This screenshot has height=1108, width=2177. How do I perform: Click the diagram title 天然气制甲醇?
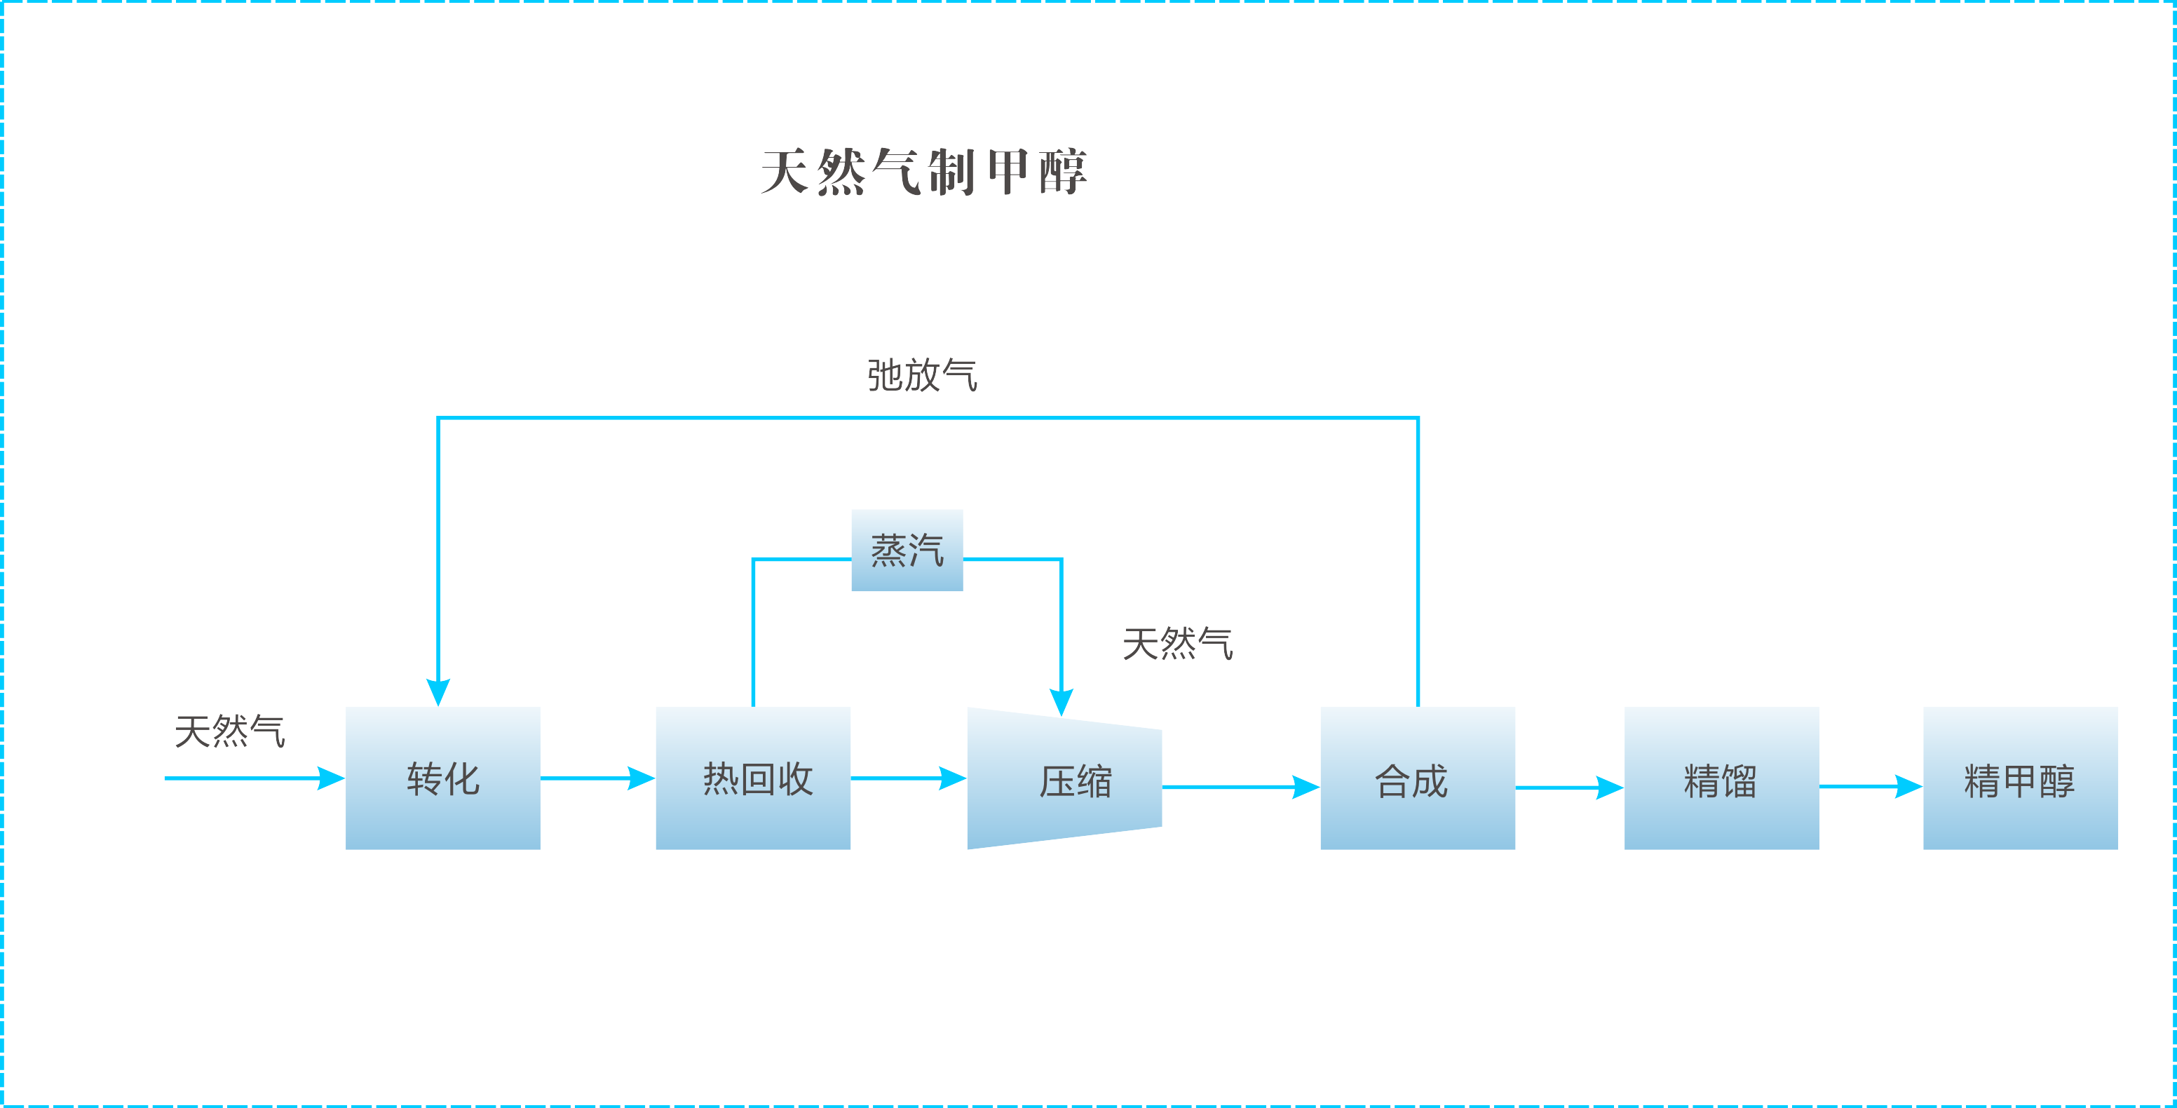click(x=923, y=172)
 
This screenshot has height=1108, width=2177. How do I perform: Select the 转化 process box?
click(x=443, y=778)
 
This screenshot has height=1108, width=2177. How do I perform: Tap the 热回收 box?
click(x=753, y=778)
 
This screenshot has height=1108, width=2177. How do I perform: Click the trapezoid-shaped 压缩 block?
click(x=1064, y=778)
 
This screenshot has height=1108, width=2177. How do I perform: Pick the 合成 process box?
click(x=1417, y=778)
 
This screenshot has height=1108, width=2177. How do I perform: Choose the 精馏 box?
click(x=1721, y=778)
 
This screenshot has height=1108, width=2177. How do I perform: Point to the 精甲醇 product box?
click(x=2020, y=778)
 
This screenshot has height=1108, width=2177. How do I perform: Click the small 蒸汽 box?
click(x=907, y=550)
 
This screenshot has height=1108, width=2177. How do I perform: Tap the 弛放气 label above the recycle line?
click(x=922, y=375)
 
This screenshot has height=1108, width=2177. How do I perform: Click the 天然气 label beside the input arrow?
click(x=230, y=731)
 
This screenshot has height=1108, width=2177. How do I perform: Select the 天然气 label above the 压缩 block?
click(x=1177, y=643)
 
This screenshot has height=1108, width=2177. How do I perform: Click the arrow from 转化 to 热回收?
click(x=597, y=778)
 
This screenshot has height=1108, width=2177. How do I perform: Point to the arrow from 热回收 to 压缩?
click(x=909, y=778)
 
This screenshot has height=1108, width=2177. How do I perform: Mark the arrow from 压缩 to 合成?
click(x=1240, y=787)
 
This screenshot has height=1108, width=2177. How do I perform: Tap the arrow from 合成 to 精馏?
click(x=1569, y=788)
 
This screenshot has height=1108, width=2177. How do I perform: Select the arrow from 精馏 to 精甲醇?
click(x=1870, y=786)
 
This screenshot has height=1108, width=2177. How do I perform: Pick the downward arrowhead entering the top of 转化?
click(x=438, y=691)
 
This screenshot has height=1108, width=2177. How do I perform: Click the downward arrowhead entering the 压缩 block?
click(x=1062, y=701)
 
